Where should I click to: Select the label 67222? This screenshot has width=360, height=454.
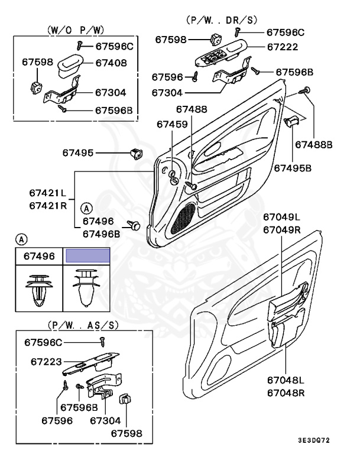coord(282,47)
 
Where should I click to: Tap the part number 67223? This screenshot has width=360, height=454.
coord(47,361)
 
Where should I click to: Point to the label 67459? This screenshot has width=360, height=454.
coord(172,124)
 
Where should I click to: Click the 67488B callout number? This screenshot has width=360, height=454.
coord(314,144)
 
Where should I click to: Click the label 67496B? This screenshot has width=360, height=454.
coord(102,233)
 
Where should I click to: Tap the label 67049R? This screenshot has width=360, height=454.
coord(282,229)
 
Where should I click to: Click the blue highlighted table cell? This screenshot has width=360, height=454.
coord(87,256)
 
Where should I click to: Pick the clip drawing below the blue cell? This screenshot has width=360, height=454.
coord(87,287)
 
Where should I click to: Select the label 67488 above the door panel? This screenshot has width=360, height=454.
coord(192,109)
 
